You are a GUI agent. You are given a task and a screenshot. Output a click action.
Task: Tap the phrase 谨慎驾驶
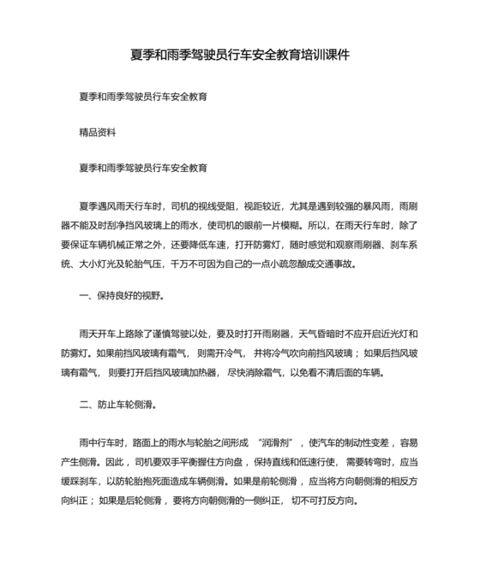point(196,334)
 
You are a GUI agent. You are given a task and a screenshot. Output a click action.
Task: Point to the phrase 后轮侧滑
point(145,500)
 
